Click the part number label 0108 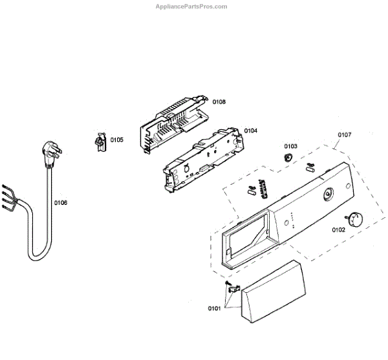pyautogui.click(x=219, y=101)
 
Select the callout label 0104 pyautogui.click(x=251, y=131)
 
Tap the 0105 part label pyautogui.click(x=116, y=140)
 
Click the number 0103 pyautogui.click(x=290, y=146)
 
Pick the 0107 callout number pyautogui.click(x=345, y=135)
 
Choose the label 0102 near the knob pyautogui.click(x=339, y=229)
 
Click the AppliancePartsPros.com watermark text pyautogui.click(x=192, y=6)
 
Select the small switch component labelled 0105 pyautogui.click(x=100, y=142)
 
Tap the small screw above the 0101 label pyautogui.click(x=228, y=284)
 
